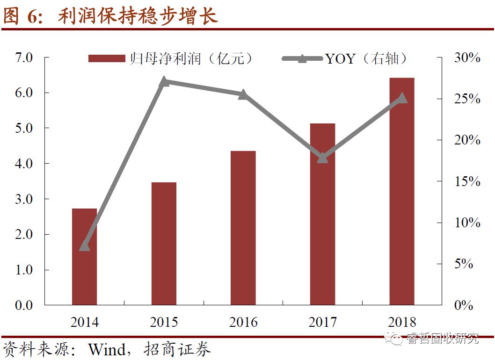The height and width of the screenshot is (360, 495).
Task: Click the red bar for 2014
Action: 84,257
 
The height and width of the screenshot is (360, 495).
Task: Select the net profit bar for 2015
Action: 164,244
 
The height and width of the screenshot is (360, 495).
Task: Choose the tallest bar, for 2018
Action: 402,191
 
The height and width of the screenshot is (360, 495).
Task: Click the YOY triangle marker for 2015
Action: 164,82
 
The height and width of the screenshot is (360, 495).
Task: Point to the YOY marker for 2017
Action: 322,158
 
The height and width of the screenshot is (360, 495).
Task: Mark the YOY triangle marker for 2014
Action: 84,245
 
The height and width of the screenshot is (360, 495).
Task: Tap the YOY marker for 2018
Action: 402,98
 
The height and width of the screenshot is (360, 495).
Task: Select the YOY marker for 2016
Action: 243,94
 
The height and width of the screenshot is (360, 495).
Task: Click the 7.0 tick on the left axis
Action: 24,58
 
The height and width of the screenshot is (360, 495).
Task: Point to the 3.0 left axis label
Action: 24,199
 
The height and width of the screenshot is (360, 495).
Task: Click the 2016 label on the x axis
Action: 243,322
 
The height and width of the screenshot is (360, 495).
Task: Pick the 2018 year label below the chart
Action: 402,322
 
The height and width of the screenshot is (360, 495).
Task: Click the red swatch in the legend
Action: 107,58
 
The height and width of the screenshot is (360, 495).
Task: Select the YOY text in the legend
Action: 341,58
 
